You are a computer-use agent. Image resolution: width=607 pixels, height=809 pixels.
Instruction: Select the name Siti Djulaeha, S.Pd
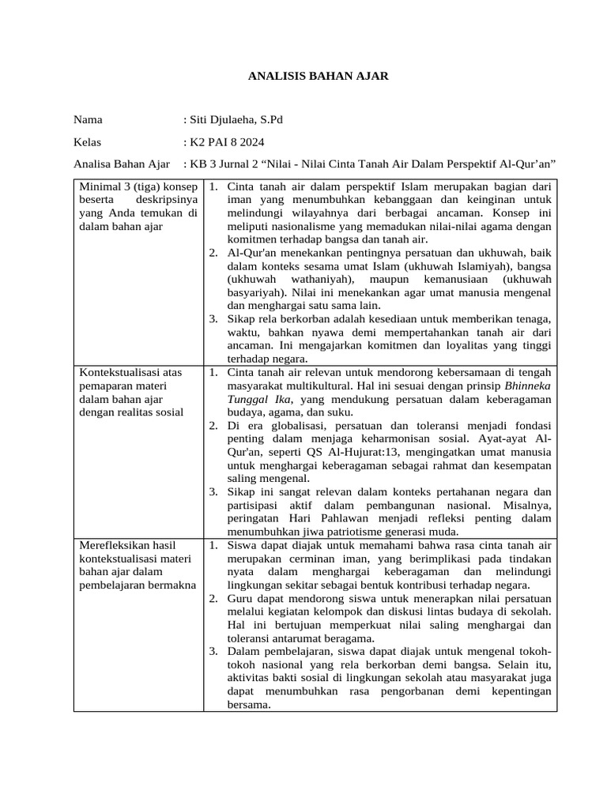click(x=235, y=120)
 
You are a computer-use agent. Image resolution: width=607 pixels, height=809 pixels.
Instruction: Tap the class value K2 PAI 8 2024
click(x=227, y=142)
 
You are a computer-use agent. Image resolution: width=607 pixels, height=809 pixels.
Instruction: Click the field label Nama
click(x=88, y=120)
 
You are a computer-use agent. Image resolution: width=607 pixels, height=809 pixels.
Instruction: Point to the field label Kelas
click(x=89, y=142)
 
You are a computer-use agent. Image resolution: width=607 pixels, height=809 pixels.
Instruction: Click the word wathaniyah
click(x=320, y=280)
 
